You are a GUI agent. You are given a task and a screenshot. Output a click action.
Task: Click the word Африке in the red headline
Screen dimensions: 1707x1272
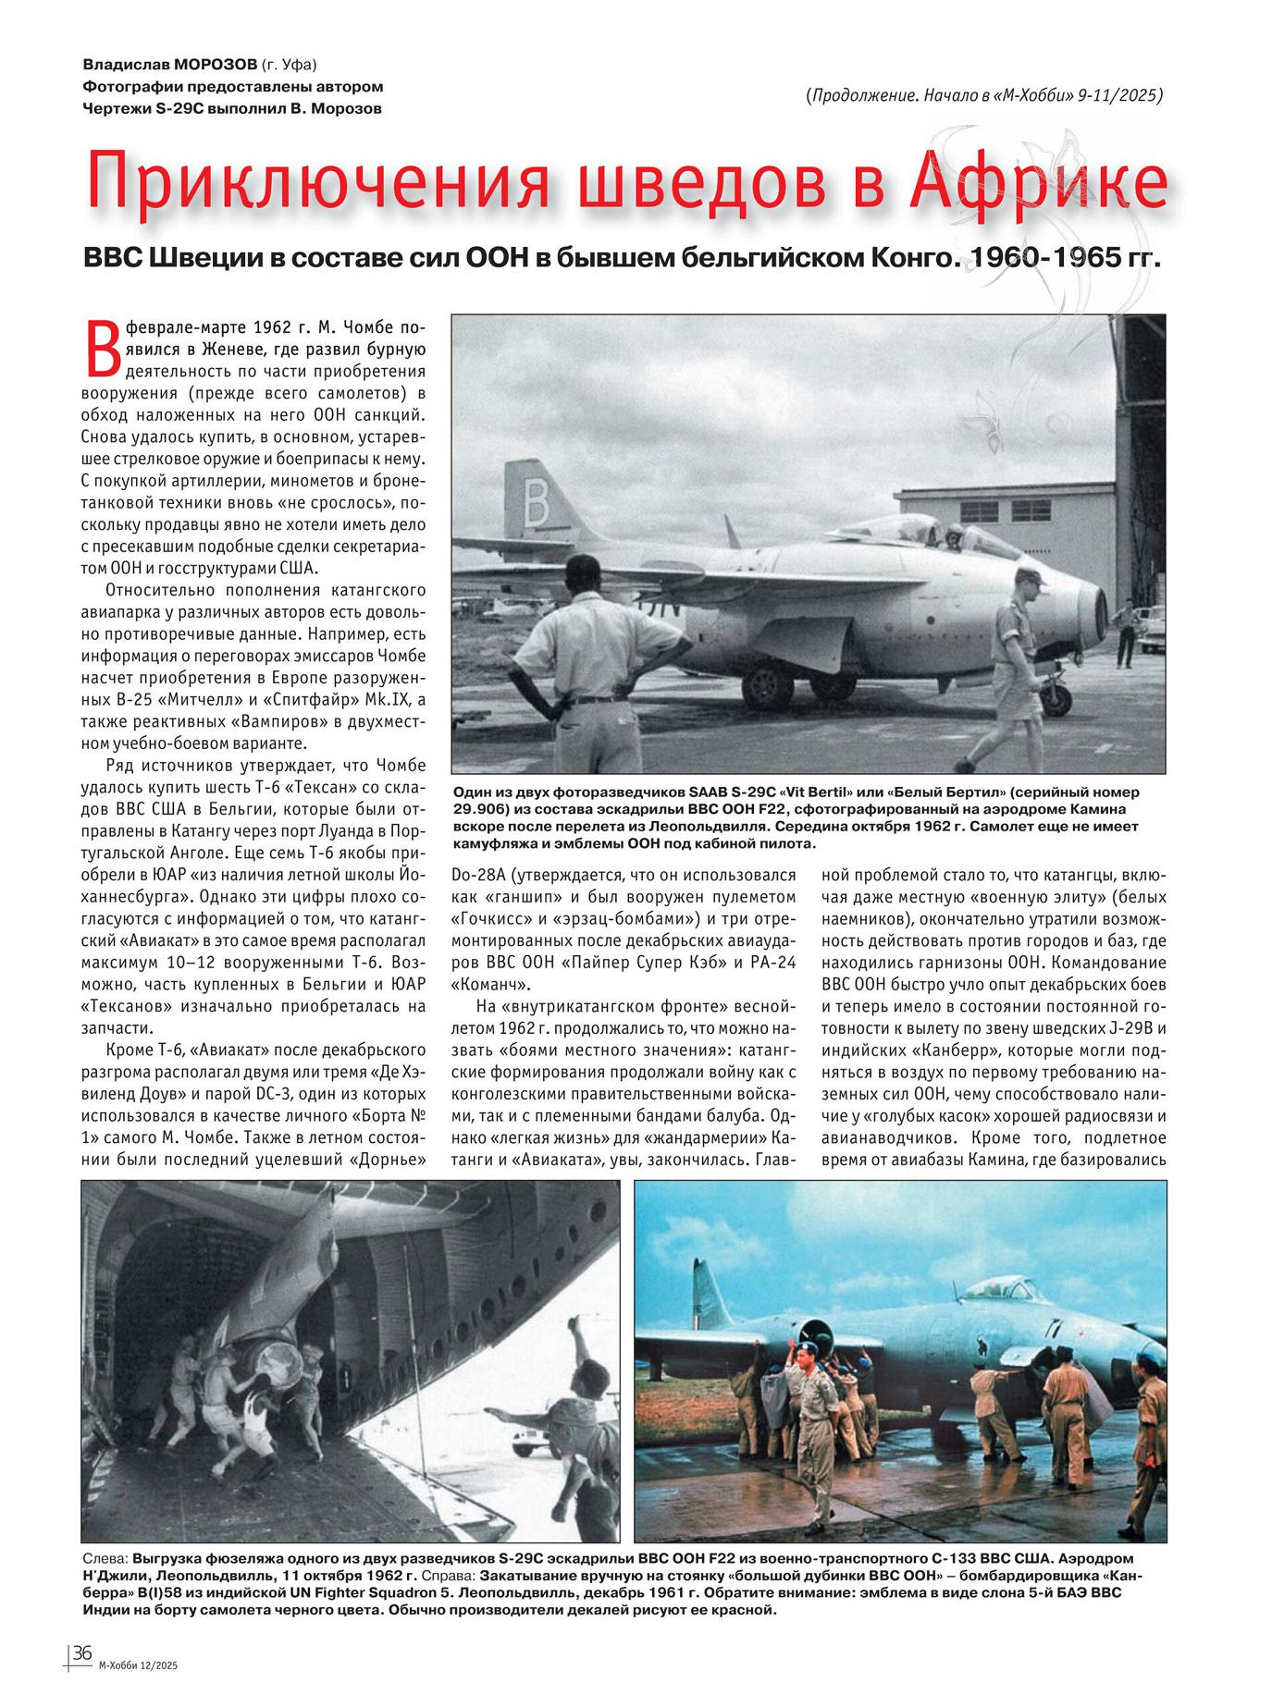pos(1039,180)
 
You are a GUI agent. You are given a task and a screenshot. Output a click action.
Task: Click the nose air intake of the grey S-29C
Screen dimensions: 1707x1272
pos(1099,611)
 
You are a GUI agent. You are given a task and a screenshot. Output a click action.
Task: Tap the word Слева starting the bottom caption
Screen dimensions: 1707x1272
pos(99,1558)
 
